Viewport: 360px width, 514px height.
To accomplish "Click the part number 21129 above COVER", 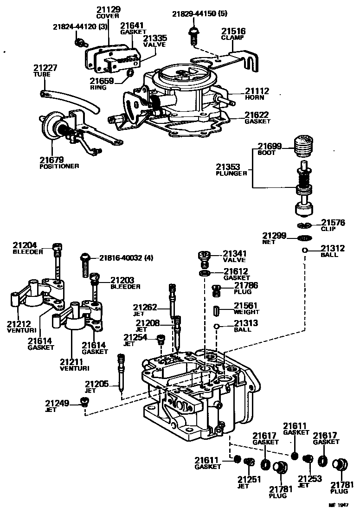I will pos(108,9).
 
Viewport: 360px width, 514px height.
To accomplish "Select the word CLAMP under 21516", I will pos(232,38).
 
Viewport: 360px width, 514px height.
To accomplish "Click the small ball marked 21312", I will pos(304,251).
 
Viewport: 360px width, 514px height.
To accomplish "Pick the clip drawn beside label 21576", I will pos(304,225).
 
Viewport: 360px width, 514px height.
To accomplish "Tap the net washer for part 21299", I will pos(304,238).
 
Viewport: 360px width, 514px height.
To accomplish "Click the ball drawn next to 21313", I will pos(216,326).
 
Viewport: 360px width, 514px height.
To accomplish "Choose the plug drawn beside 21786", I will pos(216,291).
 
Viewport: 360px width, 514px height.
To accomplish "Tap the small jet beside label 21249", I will pos(84,402).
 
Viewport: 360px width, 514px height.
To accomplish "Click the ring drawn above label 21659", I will pos(130,73).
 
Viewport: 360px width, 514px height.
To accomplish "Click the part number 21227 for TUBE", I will pos(45,68).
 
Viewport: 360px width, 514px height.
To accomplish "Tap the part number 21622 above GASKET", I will pos(257,115).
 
